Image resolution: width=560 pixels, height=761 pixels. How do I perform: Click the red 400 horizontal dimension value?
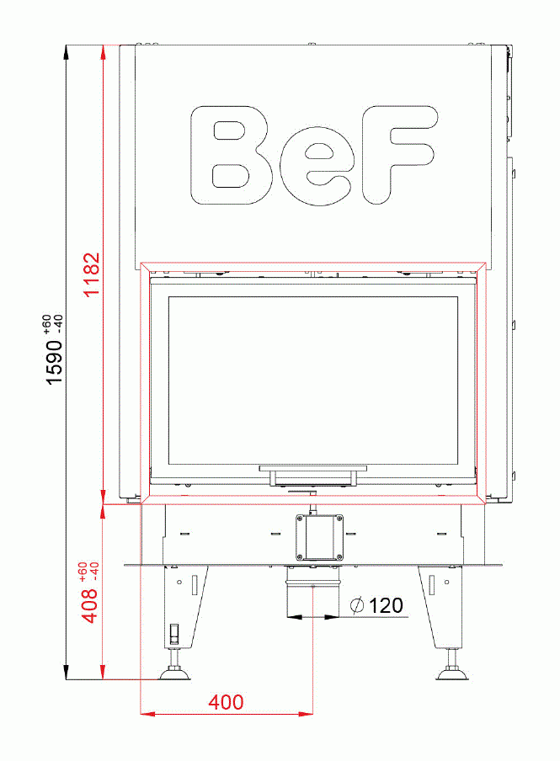(x=227, y=702)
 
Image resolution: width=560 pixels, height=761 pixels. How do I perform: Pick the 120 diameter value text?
(x=386, y=605)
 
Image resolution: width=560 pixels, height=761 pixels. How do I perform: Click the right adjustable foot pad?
(x=451, y=673)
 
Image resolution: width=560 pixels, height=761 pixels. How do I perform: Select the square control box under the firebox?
(x=320, y=536)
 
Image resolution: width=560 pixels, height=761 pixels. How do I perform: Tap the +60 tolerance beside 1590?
(x=47, y=323)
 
